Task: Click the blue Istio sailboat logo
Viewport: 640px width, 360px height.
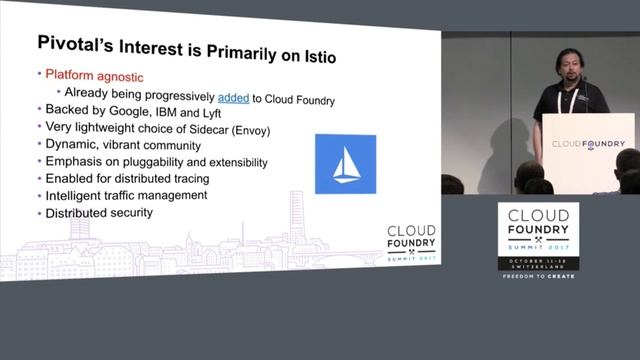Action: pos(345,163)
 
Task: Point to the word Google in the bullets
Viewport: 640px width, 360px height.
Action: pos(131,111)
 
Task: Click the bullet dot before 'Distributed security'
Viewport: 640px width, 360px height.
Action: pos(38,214)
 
